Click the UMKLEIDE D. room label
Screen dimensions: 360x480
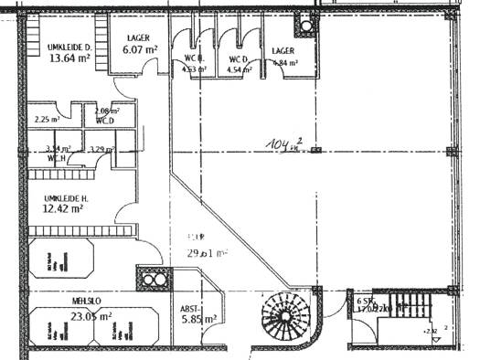tap(69, 46)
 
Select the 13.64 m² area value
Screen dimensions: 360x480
tap(69, 58)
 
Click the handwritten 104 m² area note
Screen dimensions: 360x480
tap(284, 143)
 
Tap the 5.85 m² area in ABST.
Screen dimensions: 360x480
tap(199, 320)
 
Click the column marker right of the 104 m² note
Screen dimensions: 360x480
tap(316, 152)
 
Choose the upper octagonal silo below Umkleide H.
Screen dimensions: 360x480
tap(60, 260)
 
